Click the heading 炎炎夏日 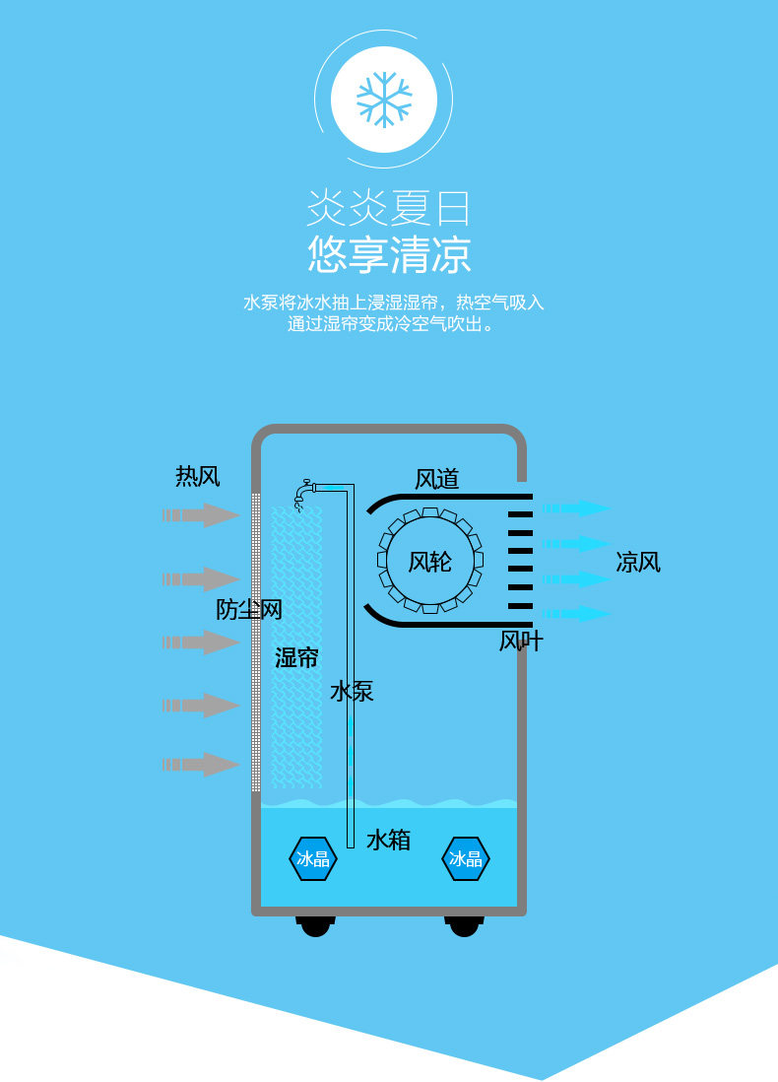pyautogui.click(x=389, y=207)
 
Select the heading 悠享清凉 pyautogui.click(x=389, y=254)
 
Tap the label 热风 pyautogui.click(x=197, y=478)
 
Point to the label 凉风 pyautogui.click(x=638, y=563)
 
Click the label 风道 pyautogui.click(x=436, y=480)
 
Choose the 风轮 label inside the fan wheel pyautogui.click(x=430, y=562)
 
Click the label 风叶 pyautogui.click(x=521, y=642)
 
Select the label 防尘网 pyautogui.click(x=249, y=610)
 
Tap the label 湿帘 pyautogui.click(x=296, y=658)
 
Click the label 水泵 pyautogui.click(x=352, y=692)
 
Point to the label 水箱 pyautogui.click(x=388, y=841)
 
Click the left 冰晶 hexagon pyautogui.click(x=313, y=858)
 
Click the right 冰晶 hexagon pyautogui.click(x=466, y=858)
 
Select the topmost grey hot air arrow pyautogui.click(x=202, y=514)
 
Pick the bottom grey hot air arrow pyautogui.click(x=202, y=764)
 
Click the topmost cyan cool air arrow pyautogui.click(x=577, y=508)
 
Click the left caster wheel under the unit pyautogui.click(x=315, y=925)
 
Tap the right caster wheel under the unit pyautogui.click(x=464, y=925)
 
